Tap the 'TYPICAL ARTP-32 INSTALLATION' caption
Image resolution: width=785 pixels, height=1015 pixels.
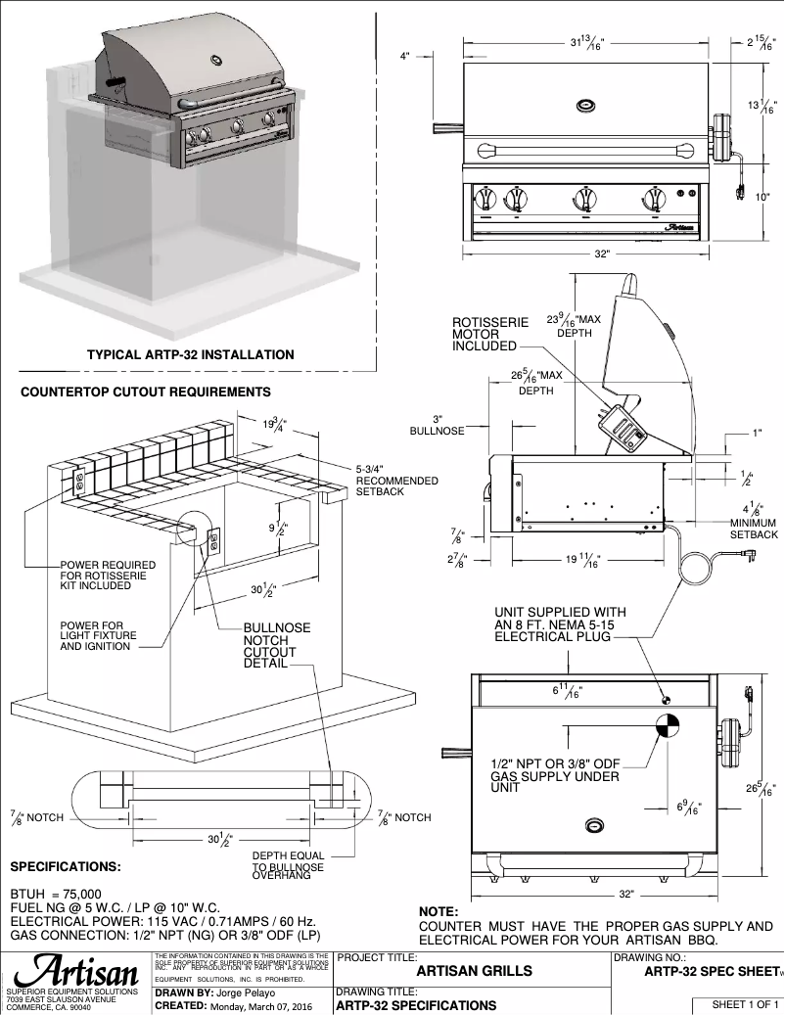coord(190,354)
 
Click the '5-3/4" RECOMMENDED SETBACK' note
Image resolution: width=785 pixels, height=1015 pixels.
coord(396,481)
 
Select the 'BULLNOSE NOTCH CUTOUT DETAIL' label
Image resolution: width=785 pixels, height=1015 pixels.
coord(276,646)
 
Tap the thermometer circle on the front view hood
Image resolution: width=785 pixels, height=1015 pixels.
coord(584,105)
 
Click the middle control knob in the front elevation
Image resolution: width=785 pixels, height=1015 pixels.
coord(583,199)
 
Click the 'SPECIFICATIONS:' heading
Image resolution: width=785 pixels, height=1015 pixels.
coord(66,867)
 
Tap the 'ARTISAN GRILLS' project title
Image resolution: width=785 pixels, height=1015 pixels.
coord(475,971)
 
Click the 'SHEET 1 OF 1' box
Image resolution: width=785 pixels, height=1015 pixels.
coord(735,1004)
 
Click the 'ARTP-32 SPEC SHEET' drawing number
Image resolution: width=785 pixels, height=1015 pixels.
coord(711,971)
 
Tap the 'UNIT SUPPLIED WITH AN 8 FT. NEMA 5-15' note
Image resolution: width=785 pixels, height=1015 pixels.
coord(560,624)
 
